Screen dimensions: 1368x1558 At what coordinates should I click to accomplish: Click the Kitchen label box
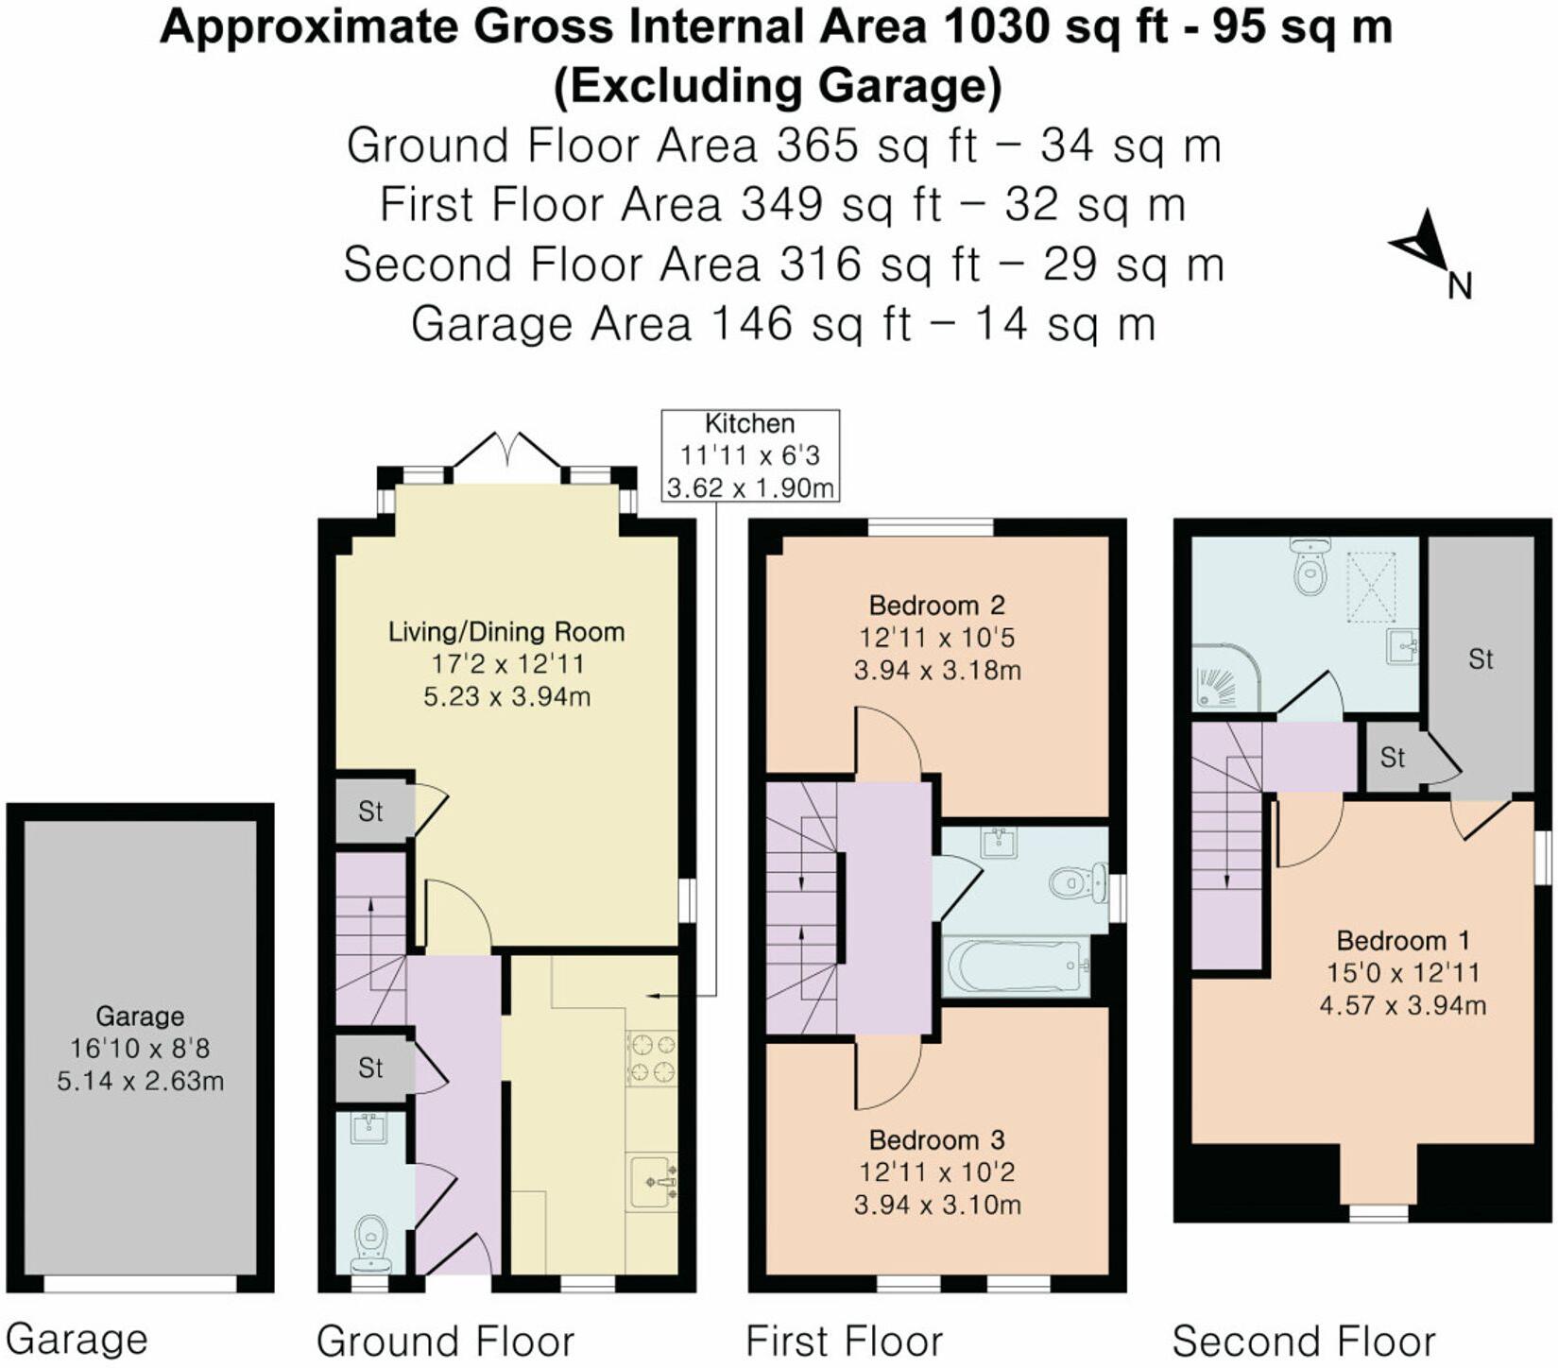pyautogui.click(x=750, y=455)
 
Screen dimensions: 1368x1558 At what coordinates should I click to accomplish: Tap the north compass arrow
pyautogui.click(x=1420, y=243)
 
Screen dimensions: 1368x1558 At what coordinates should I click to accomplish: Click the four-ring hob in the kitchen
pyautogui.click(x=652, y=1057)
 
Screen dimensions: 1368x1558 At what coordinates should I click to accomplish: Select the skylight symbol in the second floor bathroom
pyautogui.click(x=1371, y=587)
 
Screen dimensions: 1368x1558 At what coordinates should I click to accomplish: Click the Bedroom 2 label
pyautogui.click(x=936, y=605)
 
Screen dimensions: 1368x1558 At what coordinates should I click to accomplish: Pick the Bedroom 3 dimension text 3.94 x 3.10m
pyautogui.click(x=936, y=1205)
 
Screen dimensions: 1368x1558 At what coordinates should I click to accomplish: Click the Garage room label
pyautogui.click(x=140, y=1017)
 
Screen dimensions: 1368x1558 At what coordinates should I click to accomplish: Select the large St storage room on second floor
pyautogui.click(x=1480, y=658)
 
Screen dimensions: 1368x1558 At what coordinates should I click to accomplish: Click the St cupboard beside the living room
pyautogui.click(x=370, y=811)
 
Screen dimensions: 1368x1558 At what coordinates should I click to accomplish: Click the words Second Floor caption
pyautogui.click(x=1303, y=1341)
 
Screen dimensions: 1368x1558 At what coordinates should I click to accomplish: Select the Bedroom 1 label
pyautogui.click(x=1402, y=940)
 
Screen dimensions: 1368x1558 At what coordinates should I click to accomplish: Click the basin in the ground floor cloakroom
pyautogui.click(x=370, y=1128)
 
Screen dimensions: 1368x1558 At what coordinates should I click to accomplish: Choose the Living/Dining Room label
pyautogui.click(x=506, y=631)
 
